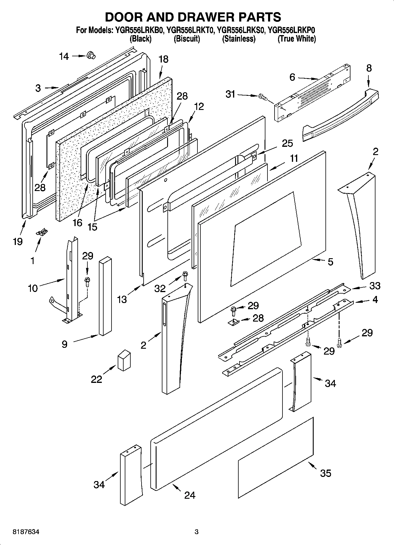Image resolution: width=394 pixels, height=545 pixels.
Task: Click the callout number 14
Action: click(x=64, y=56)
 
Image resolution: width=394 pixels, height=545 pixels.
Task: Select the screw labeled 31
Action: click(x=262, y=97)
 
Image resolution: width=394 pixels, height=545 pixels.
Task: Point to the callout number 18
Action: click(x=163, y=59)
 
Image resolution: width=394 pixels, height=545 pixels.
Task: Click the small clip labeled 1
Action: click(x=42, y=233)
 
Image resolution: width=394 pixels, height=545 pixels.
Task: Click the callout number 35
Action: click(x=325, y=473)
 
